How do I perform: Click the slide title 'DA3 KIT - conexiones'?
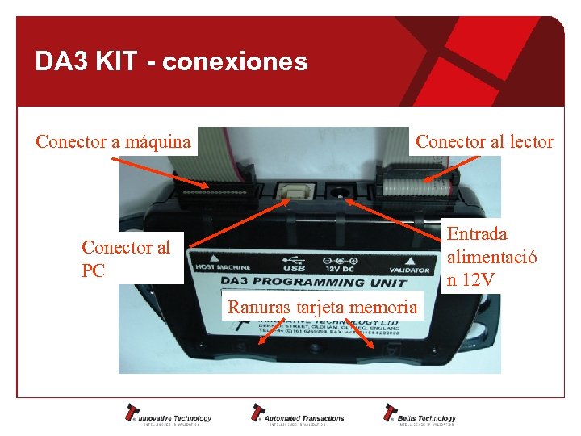pyautogui.click(x=171, y=61)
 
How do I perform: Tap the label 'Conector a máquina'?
pyautogui.click(x=114, y=143)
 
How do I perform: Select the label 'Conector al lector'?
pyautogui.click(x=484, y=143)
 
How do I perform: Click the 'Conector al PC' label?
pyautogui.click(x=126, y=258)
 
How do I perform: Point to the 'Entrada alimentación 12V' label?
pyautogui.click(x=491, y=257)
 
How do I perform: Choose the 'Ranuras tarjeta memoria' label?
pyautogui.click(x=322, y=307)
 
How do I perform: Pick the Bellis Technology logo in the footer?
pyautogui.click(x=420, y=414)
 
